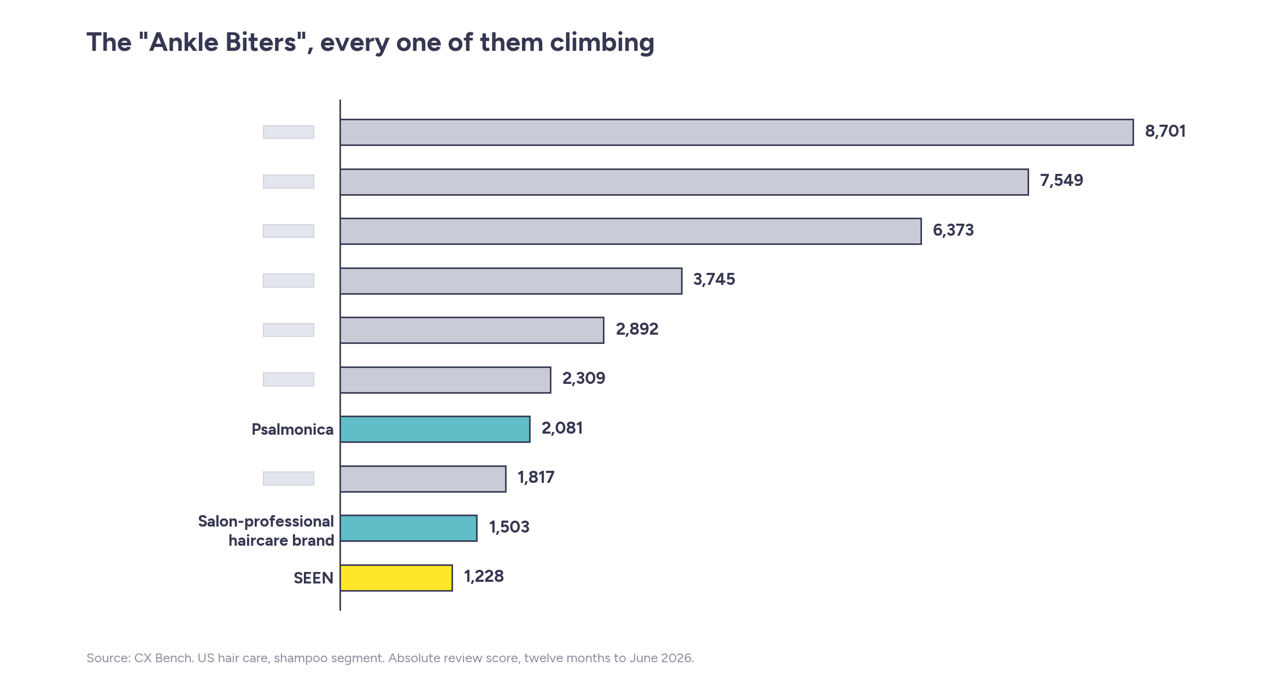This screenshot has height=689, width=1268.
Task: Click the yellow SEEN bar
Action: pos(396,577)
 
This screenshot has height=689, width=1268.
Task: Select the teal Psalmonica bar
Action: pos(435,429)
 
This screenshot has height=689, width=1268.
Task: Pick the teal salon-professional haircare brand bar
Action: pos(408,528)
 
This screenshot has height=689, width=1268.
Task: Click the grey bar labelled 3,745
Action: pos(511,281)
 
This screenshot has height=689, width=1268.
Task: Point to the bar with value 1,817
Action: pos(423,479)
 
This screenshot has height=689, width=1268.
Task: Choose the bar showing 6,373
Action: pos(631,231)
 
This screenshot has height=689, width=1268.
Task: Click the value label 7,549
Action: pos(1061,180)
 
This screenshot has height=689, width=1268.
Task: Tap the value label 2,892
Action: pos(637,329)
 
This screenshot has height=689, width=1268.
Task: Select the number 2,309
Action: pos(584,378)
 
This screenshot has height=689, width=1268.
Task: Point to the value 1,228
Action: pos(484,576)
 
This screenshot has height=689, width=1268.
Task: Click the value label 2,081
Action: pos(562,428)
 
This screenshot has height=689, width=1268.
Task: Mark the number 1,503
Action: pos(509,527)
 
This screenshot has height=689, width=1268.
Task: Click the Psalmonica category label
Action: pos(292,430)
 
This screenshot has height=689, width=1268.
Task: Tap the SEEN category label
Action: pos(313,578)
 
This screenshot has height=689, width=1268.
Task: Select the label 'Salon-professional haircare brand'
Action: pos(266,531)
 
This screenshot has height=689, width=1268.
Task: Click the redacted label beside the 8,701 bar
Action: pos(289,132)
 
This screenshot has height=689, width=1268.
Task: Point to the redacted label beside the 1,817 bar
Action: pos(289,478)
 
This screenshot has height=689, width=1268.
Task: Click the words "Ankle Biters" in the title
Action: pos(222,42)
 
